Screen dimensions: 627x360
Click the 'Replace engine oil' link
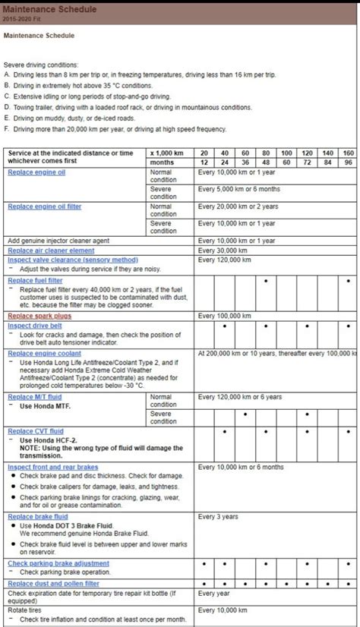pos(36,172)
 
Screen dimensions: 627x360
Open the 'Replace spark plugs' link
pos(39,316)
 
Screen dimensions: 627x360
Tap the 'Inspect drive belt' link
pos(35,325)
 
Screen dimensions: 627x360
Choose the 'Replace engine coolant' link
pos(44,353)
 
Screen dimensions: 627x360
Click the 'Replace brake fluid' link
pos(37,516)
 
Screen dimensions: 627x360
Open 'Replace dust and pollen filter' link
pos(53,584)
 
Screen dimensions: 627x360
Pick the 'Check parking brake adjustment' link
pos(58,563)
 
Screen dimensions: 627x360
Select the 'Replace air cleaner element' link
pos(51,250)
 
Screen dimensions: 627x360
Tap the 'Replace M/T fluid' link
pos(35,396)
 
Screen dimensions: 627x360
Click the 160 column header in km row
pos(348,153)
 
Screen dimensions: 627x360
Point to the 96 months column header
pos(348,162)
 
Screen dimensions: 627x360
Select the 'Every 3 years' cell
pos(218,516)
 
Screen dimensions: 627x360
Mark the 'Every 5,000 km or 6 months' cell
pos(238,188)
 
